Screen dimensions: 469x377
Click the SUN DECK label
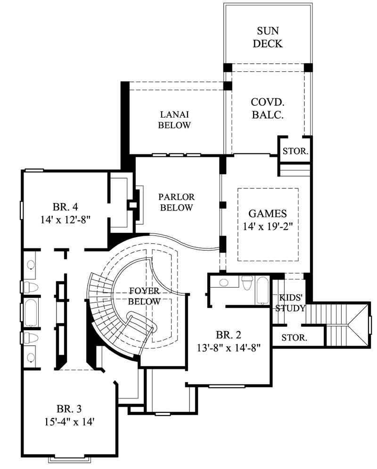coord(267,37)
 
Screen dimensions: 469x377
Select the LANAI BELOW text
coord(174,119)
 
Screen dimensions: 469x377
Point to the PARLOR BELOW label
coord(176,202)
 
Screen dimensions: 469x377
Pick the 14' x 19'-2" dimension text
coord(268,226)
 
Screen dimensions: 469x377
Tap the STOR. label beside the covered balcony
coord(295,152)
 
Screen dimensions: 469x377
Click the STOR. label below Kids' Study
coord(295,338)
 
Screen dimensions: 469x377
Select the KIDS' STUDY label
coord(290,303)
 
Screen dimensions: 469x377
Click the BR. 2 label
coord(229,335)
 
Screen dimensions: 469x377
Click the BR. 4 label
coord(65,206)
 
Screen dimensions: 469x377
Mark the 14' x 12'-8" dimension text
coord(65,219)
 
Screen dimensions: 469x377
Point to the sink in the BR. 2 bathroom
coord(223,282)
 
